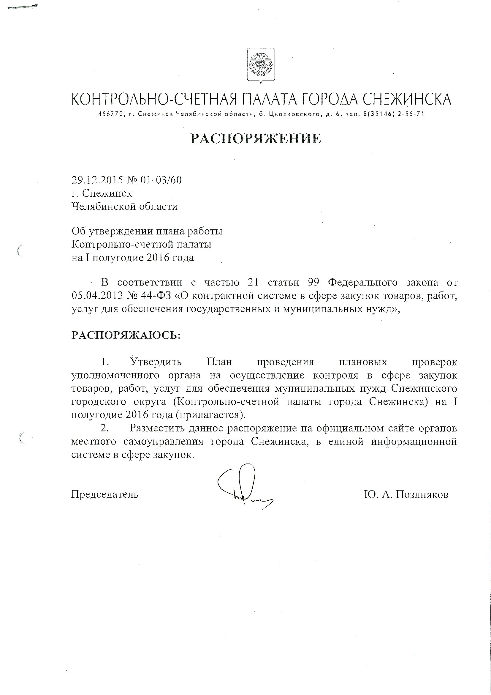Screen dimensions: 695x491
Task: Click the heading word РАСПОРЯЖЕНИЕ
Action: coord(256,139)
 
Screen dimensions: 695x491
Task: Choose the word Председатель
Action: coord(104,494)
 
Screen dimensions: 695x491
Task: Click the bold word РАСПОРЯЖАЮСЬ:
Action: coord(126,335)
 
